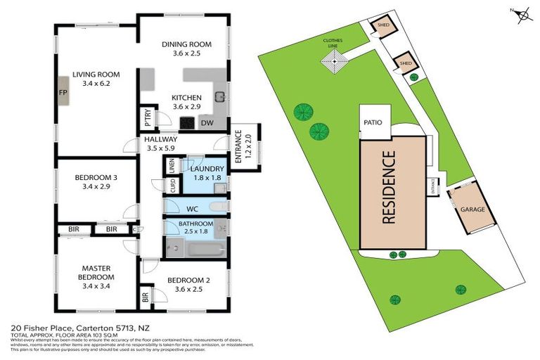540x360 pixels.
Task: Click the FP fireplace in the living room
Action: (63, 92)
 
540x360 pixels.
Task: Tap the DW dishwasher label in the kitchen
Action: (207, 124)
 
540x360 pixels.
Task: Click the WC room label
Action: (192, 209)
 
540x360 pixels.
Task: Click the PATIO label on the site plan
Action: (373, 122)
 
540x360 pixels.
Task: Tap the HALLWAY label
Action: (161, 139)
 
